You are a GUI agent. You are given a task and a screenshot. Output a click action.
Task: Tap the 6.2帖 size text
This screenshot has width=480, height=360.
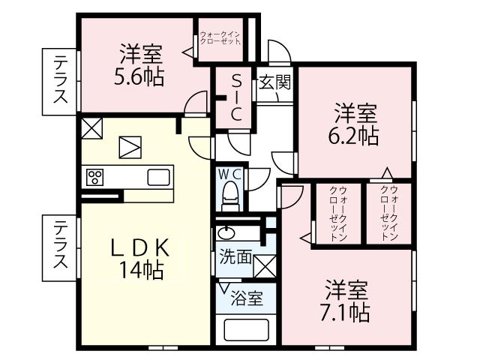[356, 136]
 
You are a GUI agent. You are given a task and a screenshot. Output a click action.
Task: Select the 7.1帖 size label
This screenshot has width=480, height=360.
[346, 311]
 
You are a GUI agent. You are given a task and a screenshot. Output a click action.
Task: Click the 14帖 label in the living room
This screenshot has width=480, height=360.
[139, 270]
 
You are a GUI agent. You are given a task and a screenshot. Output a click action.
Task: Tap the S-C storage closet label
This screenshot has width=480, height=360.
[235, 97]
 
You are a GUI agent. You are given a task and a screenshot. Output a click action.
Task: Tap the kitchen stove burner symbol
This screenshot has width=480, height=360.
[95, 177]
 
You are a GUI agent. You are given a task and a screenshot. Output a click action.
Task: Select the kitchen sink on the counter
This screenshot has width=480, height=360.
[159, 177]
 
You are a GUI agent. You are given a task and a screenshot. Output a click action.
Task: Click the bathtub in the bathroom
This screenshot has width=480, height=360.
[247, 331]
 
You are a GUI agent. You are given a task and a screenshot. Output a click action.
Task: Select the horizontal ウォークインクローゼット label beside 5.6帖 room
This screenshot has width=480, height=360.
[220, 37]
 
